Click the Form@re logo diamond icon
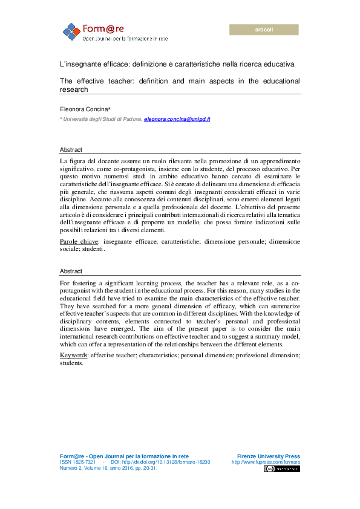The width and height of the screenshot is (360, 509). click(71, 31)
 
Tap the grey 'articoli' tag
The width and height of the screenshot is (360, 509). click(264, 30)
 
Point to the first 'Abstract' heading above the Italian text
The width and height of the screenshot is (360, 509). click(71, 149)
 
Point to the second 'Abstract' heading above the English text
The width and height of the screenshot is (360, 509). click(71, 271)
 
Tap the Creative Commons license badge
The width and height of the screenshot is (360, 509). click(281, 468)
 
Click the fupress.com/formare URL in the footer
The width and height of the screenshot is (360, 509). click(266, 462)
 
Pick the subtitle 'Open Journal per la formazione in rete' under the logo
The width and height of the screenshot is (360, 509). click(125, 38)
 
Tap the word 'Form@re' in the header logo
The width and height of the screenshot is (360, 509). click(102, 28)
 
